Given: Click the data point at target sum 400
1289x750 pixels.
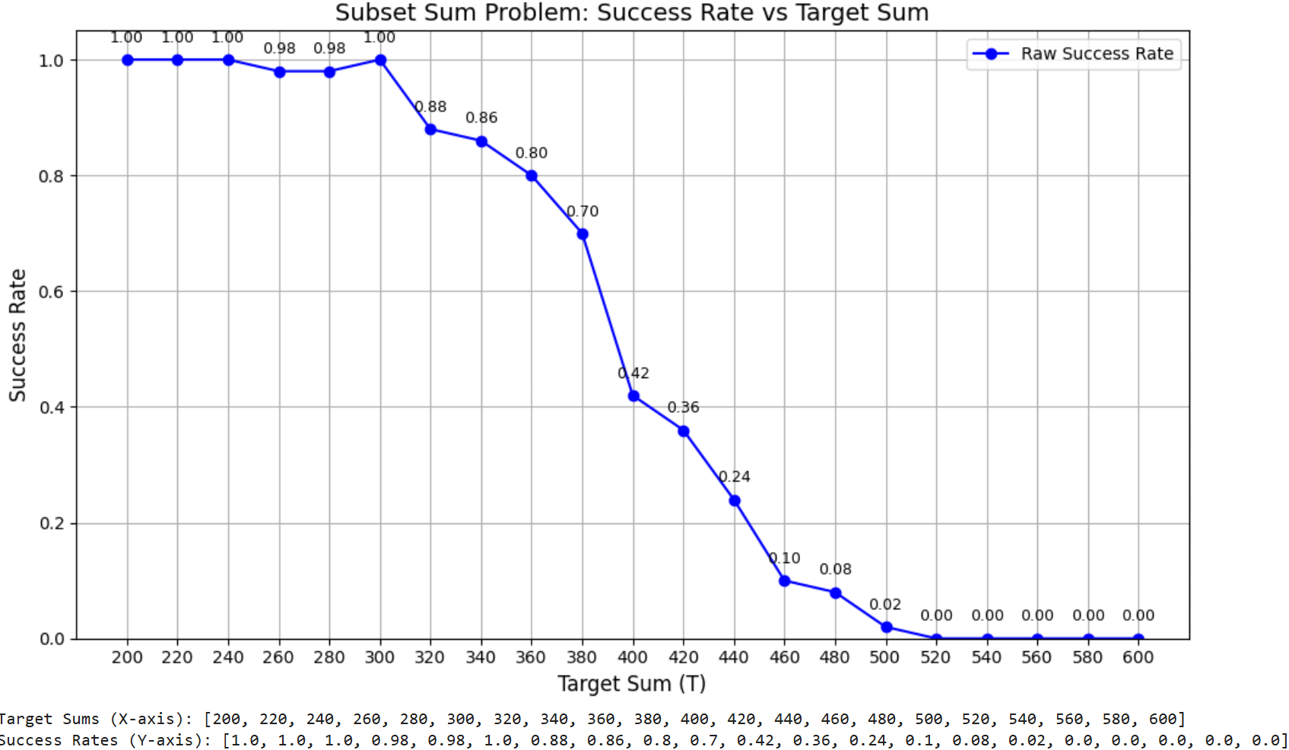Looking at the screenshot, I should [x=633, y=396].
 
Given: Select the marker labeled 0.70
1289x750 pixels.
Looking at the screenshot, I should [x=583, y=234].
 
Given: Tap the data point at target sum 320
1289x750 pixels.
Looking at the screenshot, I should [x=430, y=129].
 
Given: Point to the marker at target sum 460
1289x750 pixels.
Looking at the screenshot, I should [x=785, y=581].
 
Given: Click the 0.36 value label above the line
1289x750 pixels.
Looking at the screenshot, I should [x=683, y=407].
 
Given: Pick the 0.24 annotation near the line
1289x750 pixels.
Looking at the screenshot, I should [x=735, y=477].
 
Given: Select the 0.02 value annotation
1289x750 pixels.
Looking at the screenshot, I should [x=885, y=605].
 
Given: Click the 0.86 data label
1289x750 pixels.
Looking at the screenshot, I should [x=481, y=118].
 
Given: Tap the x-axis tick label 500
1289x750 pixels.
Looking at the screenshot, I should [x=884, y=657].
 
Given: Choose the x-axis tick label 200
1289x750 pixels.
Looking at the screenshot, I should [x=127, y=657].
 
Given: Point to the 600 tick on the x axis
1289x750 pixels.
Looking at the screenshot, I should [x=1138, y=657].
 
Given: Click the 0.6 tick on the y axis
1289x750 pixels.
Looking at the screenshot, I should [x=51, y=291].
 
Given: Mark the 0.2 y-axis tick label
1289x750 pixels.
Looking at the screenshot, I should [x=51, y=523].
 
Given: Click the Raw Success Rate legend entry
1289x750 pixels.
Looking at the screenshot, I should [x=1097, y=54].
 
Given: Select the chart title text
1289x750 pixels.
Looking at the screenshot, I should [x=632, y=13].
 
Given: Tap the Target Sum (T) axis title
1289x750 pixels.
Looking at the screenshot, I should [x=632, y=684].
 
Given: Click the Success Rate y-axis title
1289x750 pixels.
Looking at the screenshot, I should [x=17, y=335].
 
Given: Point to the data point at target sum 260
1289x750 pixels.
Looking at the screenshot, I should [x=279, y=72].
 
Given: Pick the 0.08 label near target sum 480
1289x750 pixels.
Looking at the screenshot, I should [x=835, y=569].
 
